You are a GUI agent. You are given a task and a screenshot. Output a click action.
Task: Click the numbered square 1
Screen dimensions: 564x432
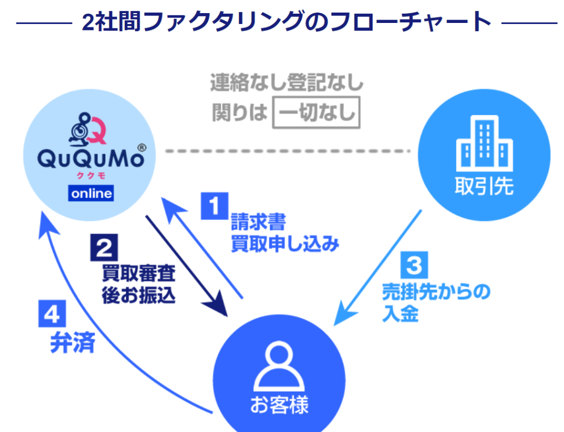tap(214, 206)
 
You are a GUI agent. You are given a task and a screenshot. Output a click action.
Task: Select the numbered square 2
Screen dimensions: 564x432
tap(104, 247)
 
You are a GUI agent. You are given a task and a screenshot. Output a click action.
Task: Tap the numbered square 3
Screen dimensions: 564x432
tap(414, 265)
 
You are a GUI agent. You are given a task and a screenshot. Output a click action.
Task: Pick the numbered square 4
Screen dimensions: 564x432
tap(52, 313)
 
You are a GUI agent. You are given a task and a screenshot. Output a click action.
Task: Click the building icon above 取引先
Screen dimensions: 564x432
tap(484, 143)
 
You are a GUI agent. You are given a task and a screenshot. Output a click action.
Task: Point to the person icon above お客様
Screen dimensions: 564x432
tap(279, 366)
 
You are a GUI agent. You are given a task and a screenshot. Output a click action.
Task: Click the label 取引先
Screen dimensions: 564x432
tap(484, 186)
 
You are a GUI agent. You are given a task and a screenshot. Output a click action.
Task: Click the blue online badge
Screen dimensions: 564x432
tap(91, 193)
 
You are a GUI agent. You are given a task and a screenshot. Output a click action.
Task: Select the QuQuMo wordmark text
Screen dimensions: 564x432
tap(91, 159)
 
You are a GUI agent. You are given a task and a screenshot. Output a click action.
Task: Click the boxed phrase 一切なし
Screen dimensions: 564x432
tap(316, 113)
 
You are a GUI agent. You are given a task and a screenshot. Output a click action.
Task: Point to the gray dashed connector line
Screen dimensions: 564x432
tap(288, 151)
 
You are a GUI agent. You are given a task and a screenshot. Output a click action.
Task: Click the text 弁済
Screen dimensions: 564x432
tap(73, 342)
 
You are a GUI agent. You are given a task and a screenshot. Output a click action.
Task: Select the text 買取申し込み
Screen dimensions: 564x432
tap(285, 244)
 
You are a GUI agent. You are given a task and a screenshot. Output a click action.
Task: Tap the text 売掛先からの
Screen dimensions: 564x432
tap(436, 292)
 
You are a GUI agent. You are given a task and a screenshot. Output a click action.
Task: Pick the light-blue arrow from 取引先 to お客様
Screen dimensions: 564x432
tap(377, 268)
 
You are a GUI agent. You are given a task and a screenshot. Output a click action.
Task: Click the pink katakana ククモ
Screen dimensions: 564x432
tap(91, 176)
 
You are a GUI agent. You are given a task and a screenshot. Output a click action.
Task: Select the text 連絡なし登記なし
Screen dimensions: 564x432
tap(287, 82)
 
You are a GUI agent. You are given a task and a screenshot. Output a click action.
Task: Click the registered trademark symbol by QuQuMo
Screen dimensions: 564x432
tap(142, 147)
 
